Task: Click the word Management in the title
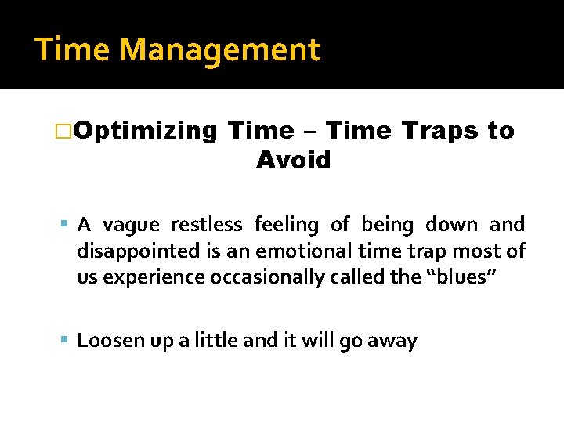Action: coord(220,50)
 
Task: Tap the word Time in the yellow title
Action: coord(74,50)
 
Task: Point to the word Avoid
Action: coord(294,161)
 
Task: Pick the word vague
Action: coord(132,226)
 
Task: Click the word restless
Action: coord(206,226)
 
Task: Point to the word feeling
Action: coord(286,226)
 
